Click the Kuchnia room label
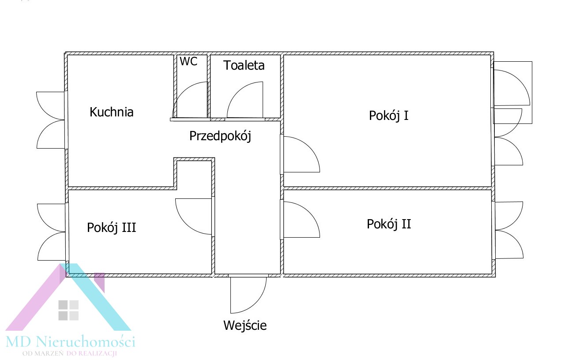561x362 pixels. (x=111, y=112)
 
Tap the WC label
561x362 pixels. (x=188, y=62)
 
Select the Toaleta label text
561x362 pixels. (x=244, y=66)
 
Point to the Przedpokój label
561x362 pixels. (x=220, y=136)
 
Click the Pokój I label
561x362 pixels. (x=388, y=116)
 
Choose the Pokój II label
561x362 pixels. (x=388, y=224)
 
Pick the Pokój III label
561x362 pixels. (x=111, y=228)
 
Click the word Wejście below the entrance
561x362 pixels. (x=245, y=326)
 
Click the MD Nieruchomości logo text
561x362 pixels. (x=70, y=341)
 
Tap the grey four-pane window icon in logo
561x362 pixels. (x=68, y=310)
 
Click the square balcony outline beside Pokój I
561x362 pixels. (x=513, y=92)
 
